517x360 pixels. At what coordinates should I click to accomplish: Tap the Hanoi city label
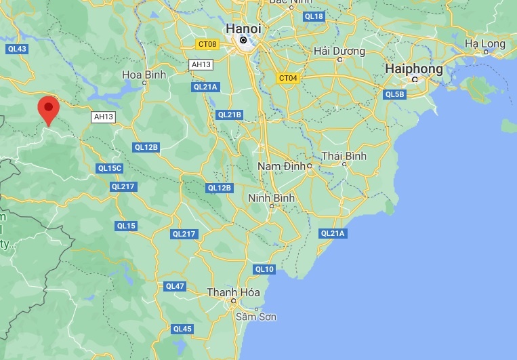coord(243,28)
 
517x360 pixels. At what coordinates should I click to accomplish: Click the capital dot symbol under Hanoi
coord(243,41)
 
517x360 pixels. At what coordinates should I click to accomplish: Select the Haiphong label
coord(413,68)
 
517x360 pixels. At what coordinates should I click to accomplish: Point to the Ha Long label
coord(484,44)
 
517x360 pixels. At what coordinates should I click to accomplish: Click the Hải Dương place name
coord(339,51)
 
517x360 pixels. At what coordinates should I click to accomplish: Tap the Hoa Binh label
coord(140,75)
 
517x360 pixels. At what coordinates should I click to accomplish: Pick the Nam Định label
coord(283,166)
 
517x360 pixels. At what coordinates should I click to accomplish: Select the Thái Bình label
coord(344,156)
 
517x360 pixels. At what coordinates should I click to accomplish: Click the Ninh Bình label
coord(271,198)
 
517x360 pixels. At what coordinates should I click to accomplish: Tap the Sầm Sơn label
coord(256,317)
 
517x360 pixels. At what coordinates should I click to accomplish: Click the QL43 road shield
coord(17,49)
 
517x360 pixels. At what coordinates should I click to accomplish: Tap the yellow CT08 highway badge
coord(207,45)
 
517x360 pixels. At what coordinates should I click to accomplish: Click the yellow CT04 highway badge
coord(287,78)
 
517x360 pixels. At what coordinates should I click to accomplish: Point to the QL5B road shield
coord(394,94)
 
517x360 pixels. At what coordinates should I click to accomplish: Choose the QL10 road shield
coord(264,269)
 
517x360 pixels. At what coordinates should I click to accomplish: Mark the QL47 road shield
coord(175,286)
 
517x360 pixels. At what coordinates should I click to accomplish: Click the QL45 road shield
coord(182,329)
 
